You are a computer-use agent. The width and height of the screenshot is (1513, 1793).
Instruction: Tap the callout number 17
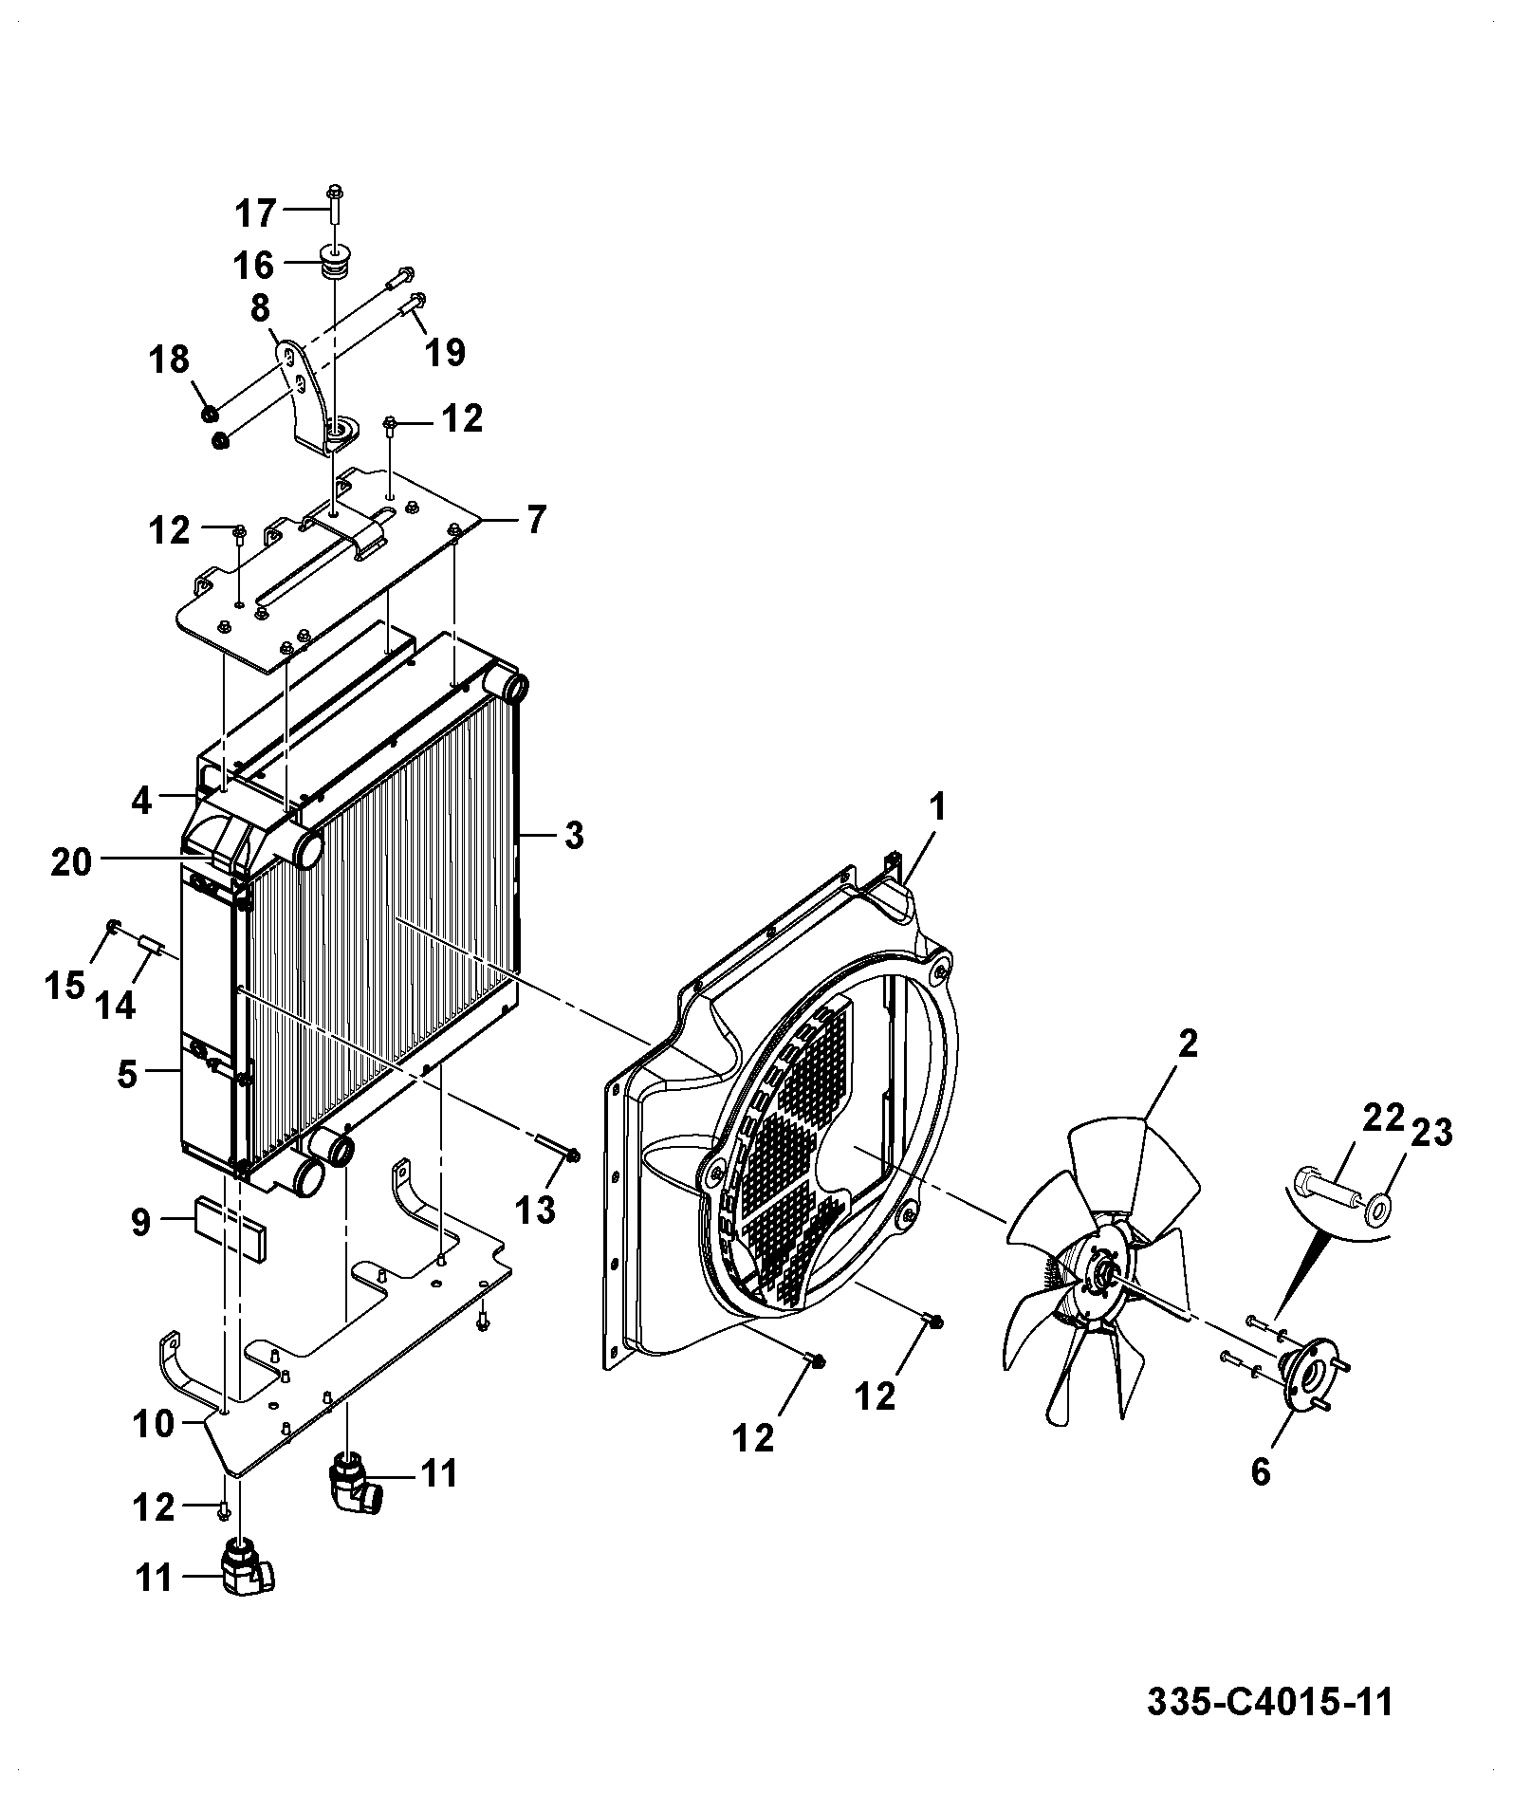(254, 213)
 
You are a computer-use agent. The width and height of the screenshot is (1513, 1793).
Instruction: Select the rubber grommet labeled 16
(334, 262)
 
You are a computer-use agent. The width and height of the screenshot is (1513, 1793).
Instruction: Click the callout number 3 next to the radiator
(573, 836)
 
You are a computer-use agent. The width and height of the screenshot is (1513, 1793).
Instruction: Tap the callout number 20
(71, 862)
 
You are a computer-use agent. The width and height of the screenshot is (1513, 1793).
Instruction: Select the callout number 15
(65, 986)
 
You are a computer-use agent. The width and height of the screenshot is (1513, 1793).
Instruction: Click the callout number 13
(535, 1211)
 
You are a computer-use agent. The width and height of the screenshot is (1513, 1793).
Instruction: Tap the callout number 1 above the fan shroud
(937, 808)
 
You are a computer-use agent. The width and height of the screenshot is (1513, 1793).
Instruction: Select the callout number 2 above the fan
(1188, 1044)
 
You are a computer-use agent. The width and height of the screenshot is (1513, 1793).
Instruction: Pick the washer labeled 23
(1377, 1210)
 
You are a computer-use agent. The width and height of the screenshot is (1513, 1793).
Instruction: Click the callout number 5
(127, 1075)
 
